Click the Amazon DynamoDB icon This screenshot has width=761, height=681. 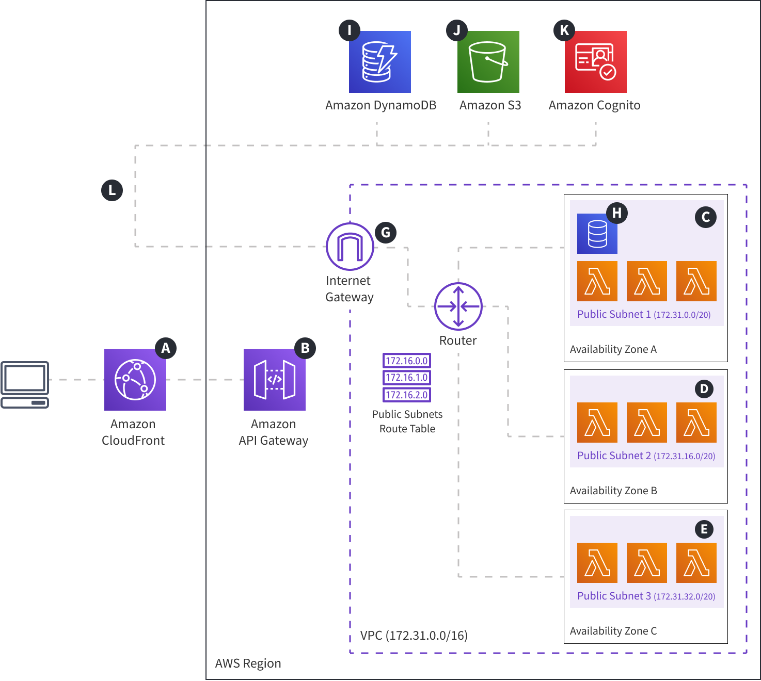[x=379, y=62]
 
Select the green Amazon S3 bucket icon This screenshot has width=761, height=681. [x=488, y=62]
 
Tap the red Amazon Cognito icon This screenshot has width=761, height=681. [x=595, y=62]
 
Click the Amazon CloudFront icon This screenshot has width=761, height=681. [x=135, y=380]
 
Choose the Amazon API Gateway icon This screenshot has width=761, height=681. [x=274, y=380]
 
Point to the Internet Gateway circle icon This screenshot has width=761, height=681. [x=350, y=247]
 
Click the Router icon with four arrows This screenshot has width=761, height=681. [x=458, y=306]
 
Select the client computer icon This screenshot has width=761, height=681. [x=25, y=384]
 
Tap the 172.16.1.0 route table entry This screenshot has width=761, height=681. [x=407, y=378]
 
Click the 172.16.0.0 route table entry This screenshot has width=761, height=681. [x=407, y=361]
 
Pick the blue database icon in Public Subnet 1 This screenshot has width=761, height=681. [x=597, y=234]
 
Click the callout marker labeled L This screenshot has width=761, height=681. [x=112, y=190]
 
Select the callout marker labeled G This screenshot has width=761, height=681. [x=386, y=233]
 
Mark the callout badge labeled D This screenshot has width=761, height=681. [x=704, y=388]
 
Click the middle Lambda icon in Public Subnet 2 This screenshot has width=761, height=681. [x=646, y=423]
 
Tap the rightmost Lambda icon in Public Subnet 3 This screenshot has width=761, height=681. [x=696, y=563]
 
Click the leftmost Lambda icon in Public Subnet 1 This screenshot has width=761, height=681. [x=597, y=281]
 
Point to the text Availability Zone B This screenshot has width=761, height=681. [x=613, y=491]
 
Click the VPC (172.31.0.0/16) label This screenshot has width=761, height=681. [x=414, y=635]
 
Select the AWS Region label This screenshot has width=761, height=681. [x=248, y=663]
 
